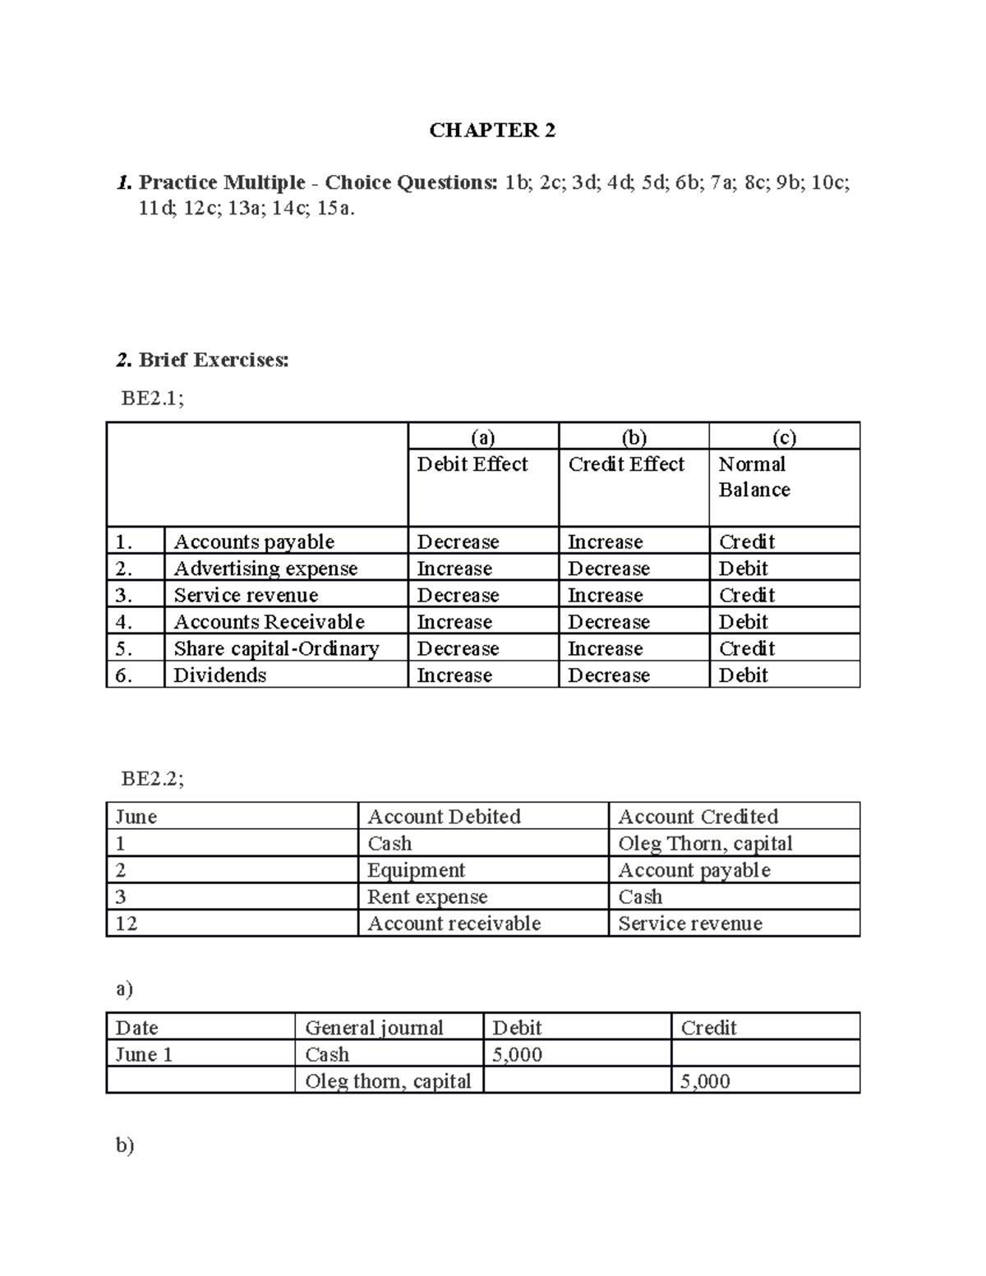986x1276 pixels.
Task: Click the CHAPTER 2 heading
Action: click(492, 131)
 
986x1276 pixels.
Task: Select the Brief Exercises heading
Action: click(213, 360)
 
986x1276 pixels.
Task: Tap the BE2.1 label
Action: click(152, 398)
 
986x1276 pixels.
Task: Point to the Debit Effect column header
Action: click(472, 464)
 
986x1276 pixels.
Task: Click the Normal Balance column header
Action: click(753, 477)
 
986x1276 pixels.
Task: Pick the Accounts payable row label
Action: click(254, 541)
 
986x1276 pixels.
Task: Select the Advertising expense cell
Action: click(265, 569)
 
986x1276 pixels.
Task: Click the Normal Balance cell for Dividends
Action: click(743, 675)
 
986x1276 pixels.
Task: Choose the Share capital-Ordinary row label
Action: click(276, 648)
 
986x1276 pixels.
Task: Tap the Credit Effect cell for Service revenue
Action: click(605, 595)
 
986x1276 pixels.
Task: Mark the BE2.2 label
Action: click(152, 778)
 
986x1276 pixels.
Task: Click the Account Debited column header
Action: click(444, 817)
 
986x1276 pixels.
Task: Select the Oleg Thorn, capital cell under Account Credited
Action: click(705, 844)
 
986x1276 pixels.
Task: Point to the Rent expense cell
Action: click(427, 897)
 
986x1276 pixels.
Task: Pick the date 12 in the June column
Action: click(126, 924)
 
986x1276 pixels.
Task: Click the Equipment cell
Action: click(416, 870)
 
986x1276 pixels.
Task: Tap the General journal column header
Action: click(374, 1028)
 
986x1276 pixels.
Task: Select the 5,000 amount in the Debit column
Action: click(517, 1055)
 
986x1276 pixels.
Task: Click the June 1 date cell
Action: click(144, 1055)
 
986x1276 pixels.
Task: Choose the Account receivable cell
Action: click(454, 924)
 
